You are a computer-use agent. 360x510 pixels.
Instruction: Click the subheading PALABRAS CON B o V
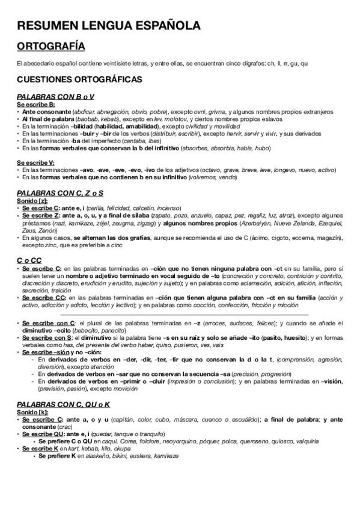click(55, 97)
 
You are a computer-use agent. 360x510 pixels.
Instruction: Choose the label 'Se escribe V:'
click(35, 163)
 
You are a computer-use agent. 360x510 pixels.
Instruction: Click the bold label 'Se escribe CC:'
click(41, 296)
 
